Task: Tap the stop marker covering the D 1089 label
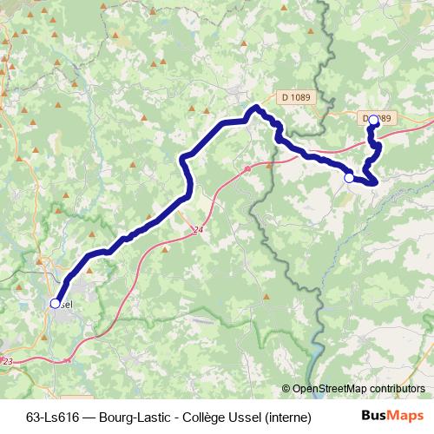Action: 373,120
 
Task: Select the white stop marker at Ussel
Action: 56,304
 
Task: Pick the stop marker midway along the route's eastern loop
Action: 349,178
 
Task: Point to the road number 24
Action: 200,230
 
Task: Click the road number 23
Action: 8,360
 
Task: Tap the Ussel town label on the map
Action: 66,305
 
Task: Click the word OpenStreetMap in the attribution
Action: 329,389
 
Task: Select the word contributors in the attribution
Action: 397,389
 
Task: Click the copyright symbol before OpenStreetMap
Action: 286,389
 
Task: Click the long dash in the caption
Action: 89,416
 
